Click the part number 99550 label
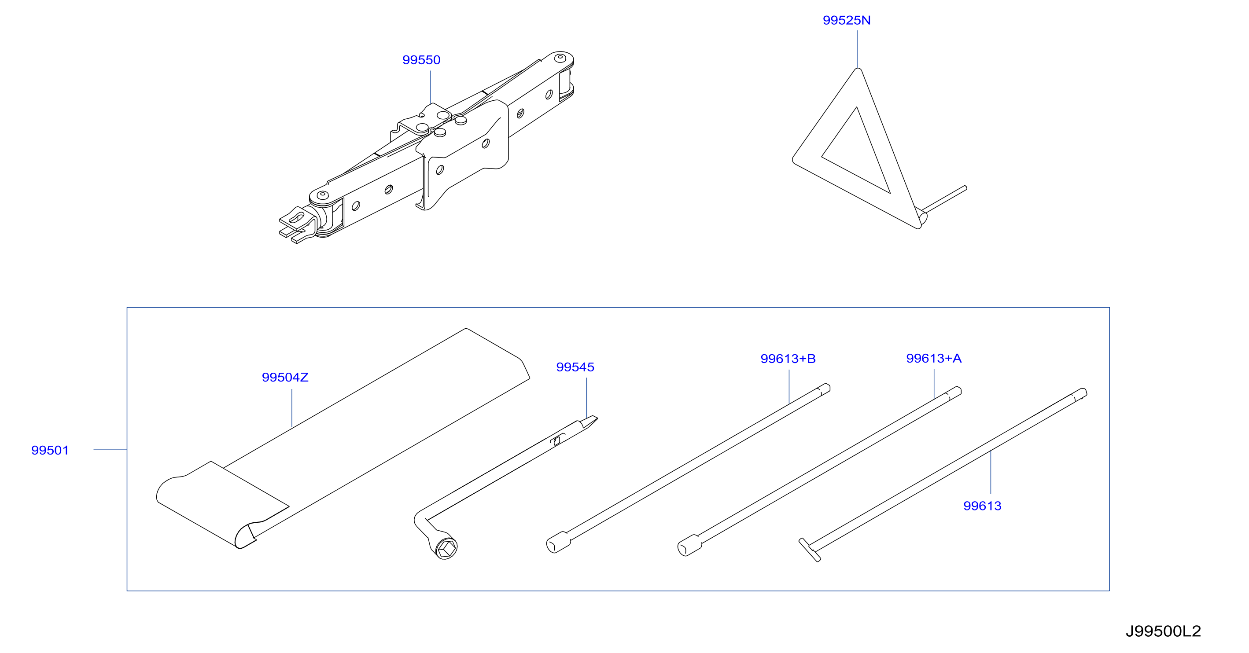pyautogui.click(x=421, y=60)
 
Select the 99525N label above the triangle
pyautogui.click(x=847, y=20)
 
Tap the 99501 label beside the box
pyautogui.click(x=50, y=450)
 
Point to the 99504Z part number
pyautogui.click(x=285, y=377)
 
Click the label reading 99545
pyautogui.click(x=575, y=367)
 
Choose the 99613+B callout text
pyautogui.click(x=788, y=359)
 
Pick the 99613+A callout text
pyautogui.click(x=934, y=358)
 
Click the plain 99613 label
pyautogui.click(x=982, y=506)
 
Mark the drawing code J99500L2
pyautogui.click(x=1163, y=631)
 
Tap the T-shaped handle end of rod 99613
pyautogui.click(x=810, y=550)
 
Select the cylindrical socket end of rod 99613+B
pyautogui.click(x=558, y=543)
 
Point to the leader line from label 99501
pyautogui.click(x=110, y=449)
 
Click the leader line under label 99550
pyautogui.click(x=431, y=87)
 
